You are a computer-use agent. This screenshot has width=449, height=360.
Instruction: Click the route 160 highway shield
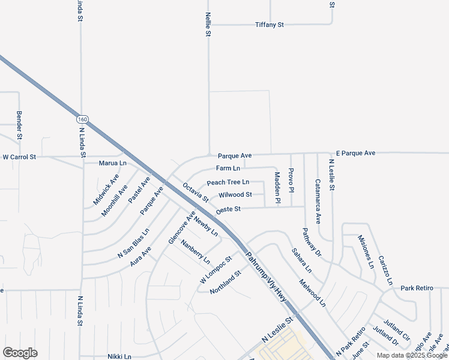(83, 119)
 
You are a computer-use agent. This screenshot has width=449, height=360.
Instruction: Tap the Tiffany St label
(269, 25)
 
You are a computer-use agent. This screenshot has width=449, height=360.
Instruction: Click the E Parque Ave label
(355, 154)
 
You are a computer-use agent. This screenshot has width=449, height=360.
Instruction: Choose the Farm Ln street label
(228, 168)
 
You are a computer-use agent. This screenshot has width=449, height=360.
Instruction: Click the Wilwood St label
(235, 195)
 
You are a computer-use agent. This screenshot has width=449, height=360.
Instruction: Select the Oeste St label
(228, 209)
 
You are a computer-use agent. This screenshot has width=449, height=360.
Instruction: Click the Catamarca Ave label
(318, 201)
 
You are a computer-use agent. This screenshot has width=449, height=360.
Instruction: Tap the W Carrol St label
(19, 157)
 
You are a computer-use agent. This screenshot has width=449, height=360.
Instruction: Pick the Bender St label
(19, 125)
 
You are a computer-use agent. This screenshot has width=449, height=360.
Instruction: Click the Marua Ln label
(113, 163)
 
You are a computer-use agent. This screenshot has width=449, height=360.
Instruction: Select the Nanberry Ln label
(196, 253)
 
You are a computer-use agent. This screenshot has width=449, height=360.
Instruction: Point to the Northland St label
(225, 282)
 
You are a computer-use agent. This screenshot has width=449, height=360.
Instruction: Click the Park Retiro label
(417, 289)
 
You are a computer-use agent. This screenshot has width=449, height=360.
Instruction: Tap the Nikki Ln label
(119, 356)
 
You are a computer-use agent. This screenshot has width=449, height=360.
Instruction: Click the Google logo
(20, 353)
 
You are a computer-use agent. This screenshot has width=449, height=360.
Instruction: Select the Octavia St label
(195, 193)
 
